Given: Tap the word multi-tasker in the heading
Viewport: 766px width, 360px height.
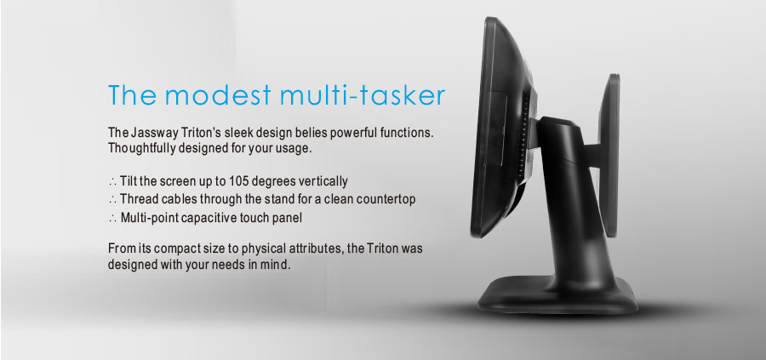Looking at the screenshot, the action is pyautogui.click(x=363, y=95).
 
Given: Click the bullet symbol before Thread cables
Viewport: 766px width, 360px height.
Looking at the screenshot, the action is pyautogui.click(x=112, y=200).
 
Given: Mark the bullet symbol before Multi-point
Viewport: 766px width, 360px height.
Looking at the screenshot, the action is pyautogui.click(x=112, y=219).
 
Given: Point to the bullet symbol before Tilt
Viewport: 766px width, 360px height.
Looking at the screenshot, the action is pyautogui.click(x=112, y=182).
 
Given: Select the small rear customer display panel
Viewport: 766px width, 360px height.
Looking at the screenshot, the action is pyautogui.click(x=609, y=157).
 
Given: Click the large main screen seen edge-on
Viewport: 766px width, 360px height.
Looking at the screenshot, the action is pyautogui.click(x=489, y=127).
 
